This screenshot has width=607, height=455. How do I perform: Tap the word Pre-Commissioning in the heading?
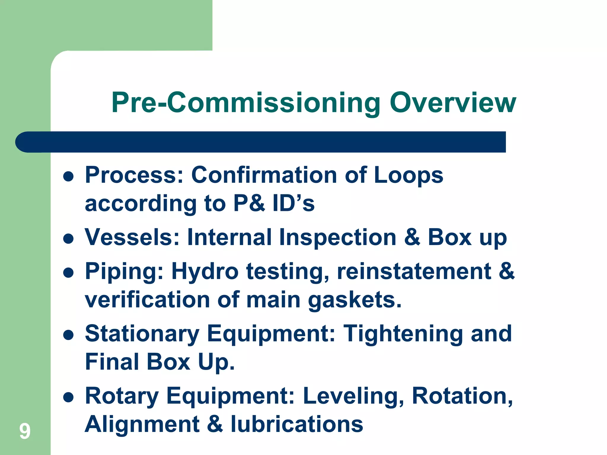tap(246, 103)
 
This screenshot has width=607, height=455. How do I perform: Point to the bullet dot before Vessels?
tap(68, 238)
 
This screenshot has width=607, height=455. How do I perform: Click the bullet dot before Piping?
tap(68, 273)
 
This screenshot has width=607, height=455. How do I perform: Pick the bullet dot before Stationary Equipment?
tap(68, 335)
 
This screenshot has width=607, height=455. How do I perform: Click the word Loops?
tap(408, 175)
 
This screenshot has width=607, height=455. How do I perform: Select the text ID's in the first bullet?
tap(293, 204)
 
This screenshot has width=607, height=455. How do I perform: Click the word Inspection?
tap(338, 237)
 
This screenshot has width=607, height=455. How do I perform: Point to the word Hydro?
tap(205, 272)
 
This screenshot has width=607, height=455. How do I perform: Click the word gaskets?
tap(354, 300)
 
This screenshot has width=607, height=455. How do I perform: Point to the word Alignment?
tap(142, 424)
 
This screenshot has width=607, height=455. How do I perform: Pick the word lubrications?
tap(297, 424)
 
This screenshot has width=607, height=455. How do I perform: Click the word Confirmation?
tap(264, 175)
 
